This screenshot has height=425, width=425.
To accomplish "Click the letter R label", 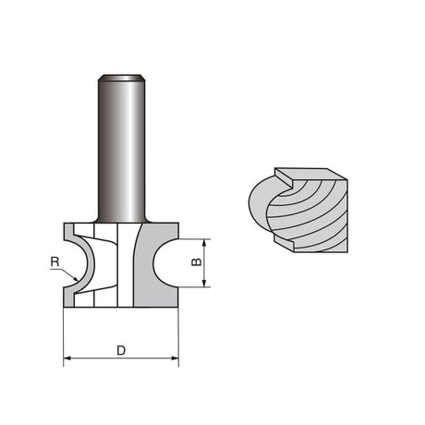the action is pos(55,262).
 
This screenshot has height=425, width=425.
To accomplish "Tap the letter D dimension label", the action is pos(121,350).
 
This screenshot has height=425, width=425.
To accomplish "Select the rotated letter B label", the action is pos(197,261).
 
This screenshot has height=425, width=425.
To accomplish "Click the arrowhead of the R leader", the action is pos(75,279).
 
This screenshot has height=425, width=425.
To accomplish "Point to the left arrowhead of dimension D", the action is pos(67,358).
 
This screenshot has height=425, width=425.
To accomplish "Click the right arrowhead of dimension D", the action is pos(175,358).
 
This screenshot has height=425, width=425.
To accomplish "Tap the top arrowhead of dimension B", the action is pos(204,243).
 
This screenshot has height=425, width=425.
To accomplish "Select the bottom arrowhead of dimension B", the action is pos(204,284).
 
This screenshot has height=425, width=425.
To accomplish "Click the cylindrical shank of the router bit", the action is pos(121,148).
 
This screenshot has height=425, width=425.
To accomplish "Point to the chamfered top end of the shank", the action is pos(121,78).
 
